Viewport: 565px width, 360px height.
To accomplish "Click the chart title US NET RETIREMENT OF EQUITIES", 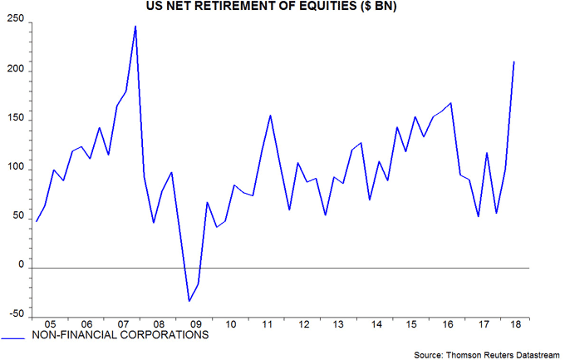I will pos(282,7).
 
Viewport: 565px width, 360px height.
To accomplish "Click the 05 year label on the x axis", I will pos(50,325).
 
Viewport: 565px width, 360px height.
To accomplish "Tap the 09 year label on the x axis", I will pos(196,325).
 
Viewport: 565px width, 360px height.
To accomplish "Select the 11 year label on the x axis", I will pos(269,325).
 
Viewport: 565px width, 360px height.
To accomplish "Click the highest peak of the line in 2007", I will pos(135,27).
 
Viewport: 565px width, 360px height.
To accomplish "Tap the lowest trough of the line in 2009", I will pos(189,301).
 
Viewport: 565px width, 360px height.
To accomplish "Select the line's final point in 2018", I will pos(514,62).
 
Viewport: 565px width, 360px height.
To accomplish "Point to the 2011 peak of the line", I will pos(271,115).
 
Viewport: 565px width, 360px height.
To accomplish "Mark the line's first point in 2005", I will pos(37,221).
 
